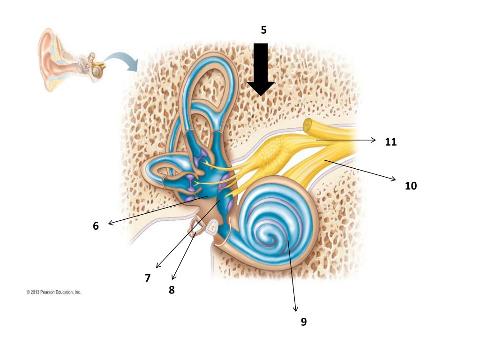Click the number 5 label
pyautogui.click(x=263, y=30)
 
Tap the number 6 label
pyautogui.click(x=96, y=226)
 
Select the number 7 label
pyautogui.click(x=148, y=278)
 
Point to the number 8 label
pyautogui.click(x=172, y=290)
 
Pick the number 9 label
pyautogui.click(x=304, y=322)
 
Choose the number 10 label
pyautogui.click(x=411, y=186)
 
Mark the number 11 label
pyautogui.click(x=391, y=142)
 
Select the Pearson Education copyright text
pyautogui.click(x=53, y=292)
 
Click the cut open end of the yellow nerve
pyautogui.click(x=309, y=126)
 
